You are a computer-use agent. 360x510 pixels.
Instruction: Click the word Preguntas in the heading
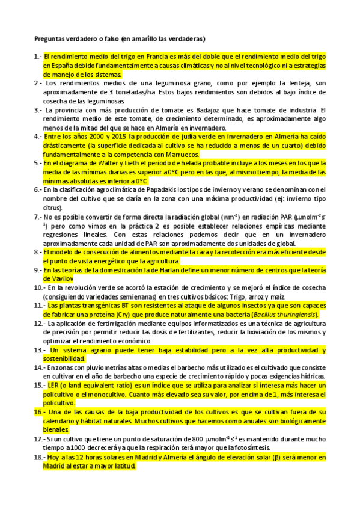pos(49,38)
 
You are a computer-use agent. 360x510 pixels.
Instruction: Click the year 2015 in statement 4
pos(103,137)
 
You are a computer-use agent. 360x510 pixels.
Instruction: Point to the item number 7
pos(37,216)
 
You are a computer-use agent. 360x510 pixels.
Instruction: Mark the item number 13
pos(39,350)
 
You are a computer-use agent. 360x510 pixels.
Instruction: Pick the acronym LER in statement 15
pos(53,386)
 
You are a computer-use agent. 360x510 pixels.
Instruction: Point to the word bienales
pos(55,430)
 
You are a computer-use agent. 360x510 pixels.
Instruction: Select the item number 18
pos(39,457)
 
